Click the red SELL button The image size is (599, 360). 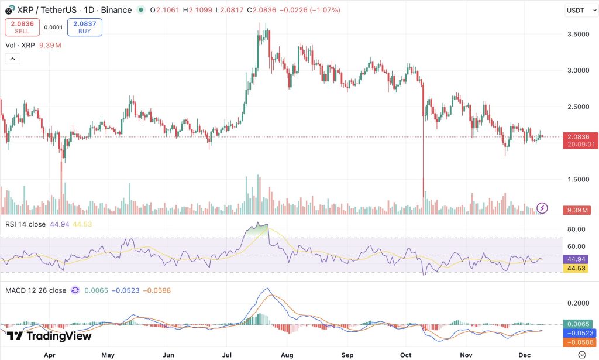(x=22, y=27)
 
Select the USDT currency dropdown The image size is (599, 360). (x=581, y=11)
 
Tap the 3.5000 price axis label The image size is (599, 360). (x=579, y=34)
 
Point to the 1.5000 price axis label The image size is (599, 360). (x=579, y=179)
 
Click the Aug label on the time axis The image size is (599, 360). (x=287, y=355)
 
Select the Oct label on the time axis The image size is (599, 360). (x=406, y=355)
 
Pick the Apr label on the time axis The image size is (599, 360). (x=50, y=355)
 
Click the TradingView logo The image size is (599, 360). (x=49, y=336)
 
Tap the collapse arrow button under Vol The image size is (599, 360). (x=13, y=59)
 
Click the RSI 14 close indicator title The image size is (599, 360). (x=25, y=224)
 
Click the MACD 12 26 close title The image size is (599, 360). (x=36, y=290)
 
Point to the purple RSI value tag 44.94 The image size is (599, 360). (x=576, y=259)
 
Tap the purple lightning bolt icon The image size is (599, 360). (x=542, y=208)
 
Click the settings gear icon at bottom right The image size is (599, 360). (x=582, y=355)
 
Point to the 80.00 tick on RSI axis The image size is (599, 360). (x=576, y=229)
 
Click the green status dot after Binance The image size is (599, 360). (x=141, y=10)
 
